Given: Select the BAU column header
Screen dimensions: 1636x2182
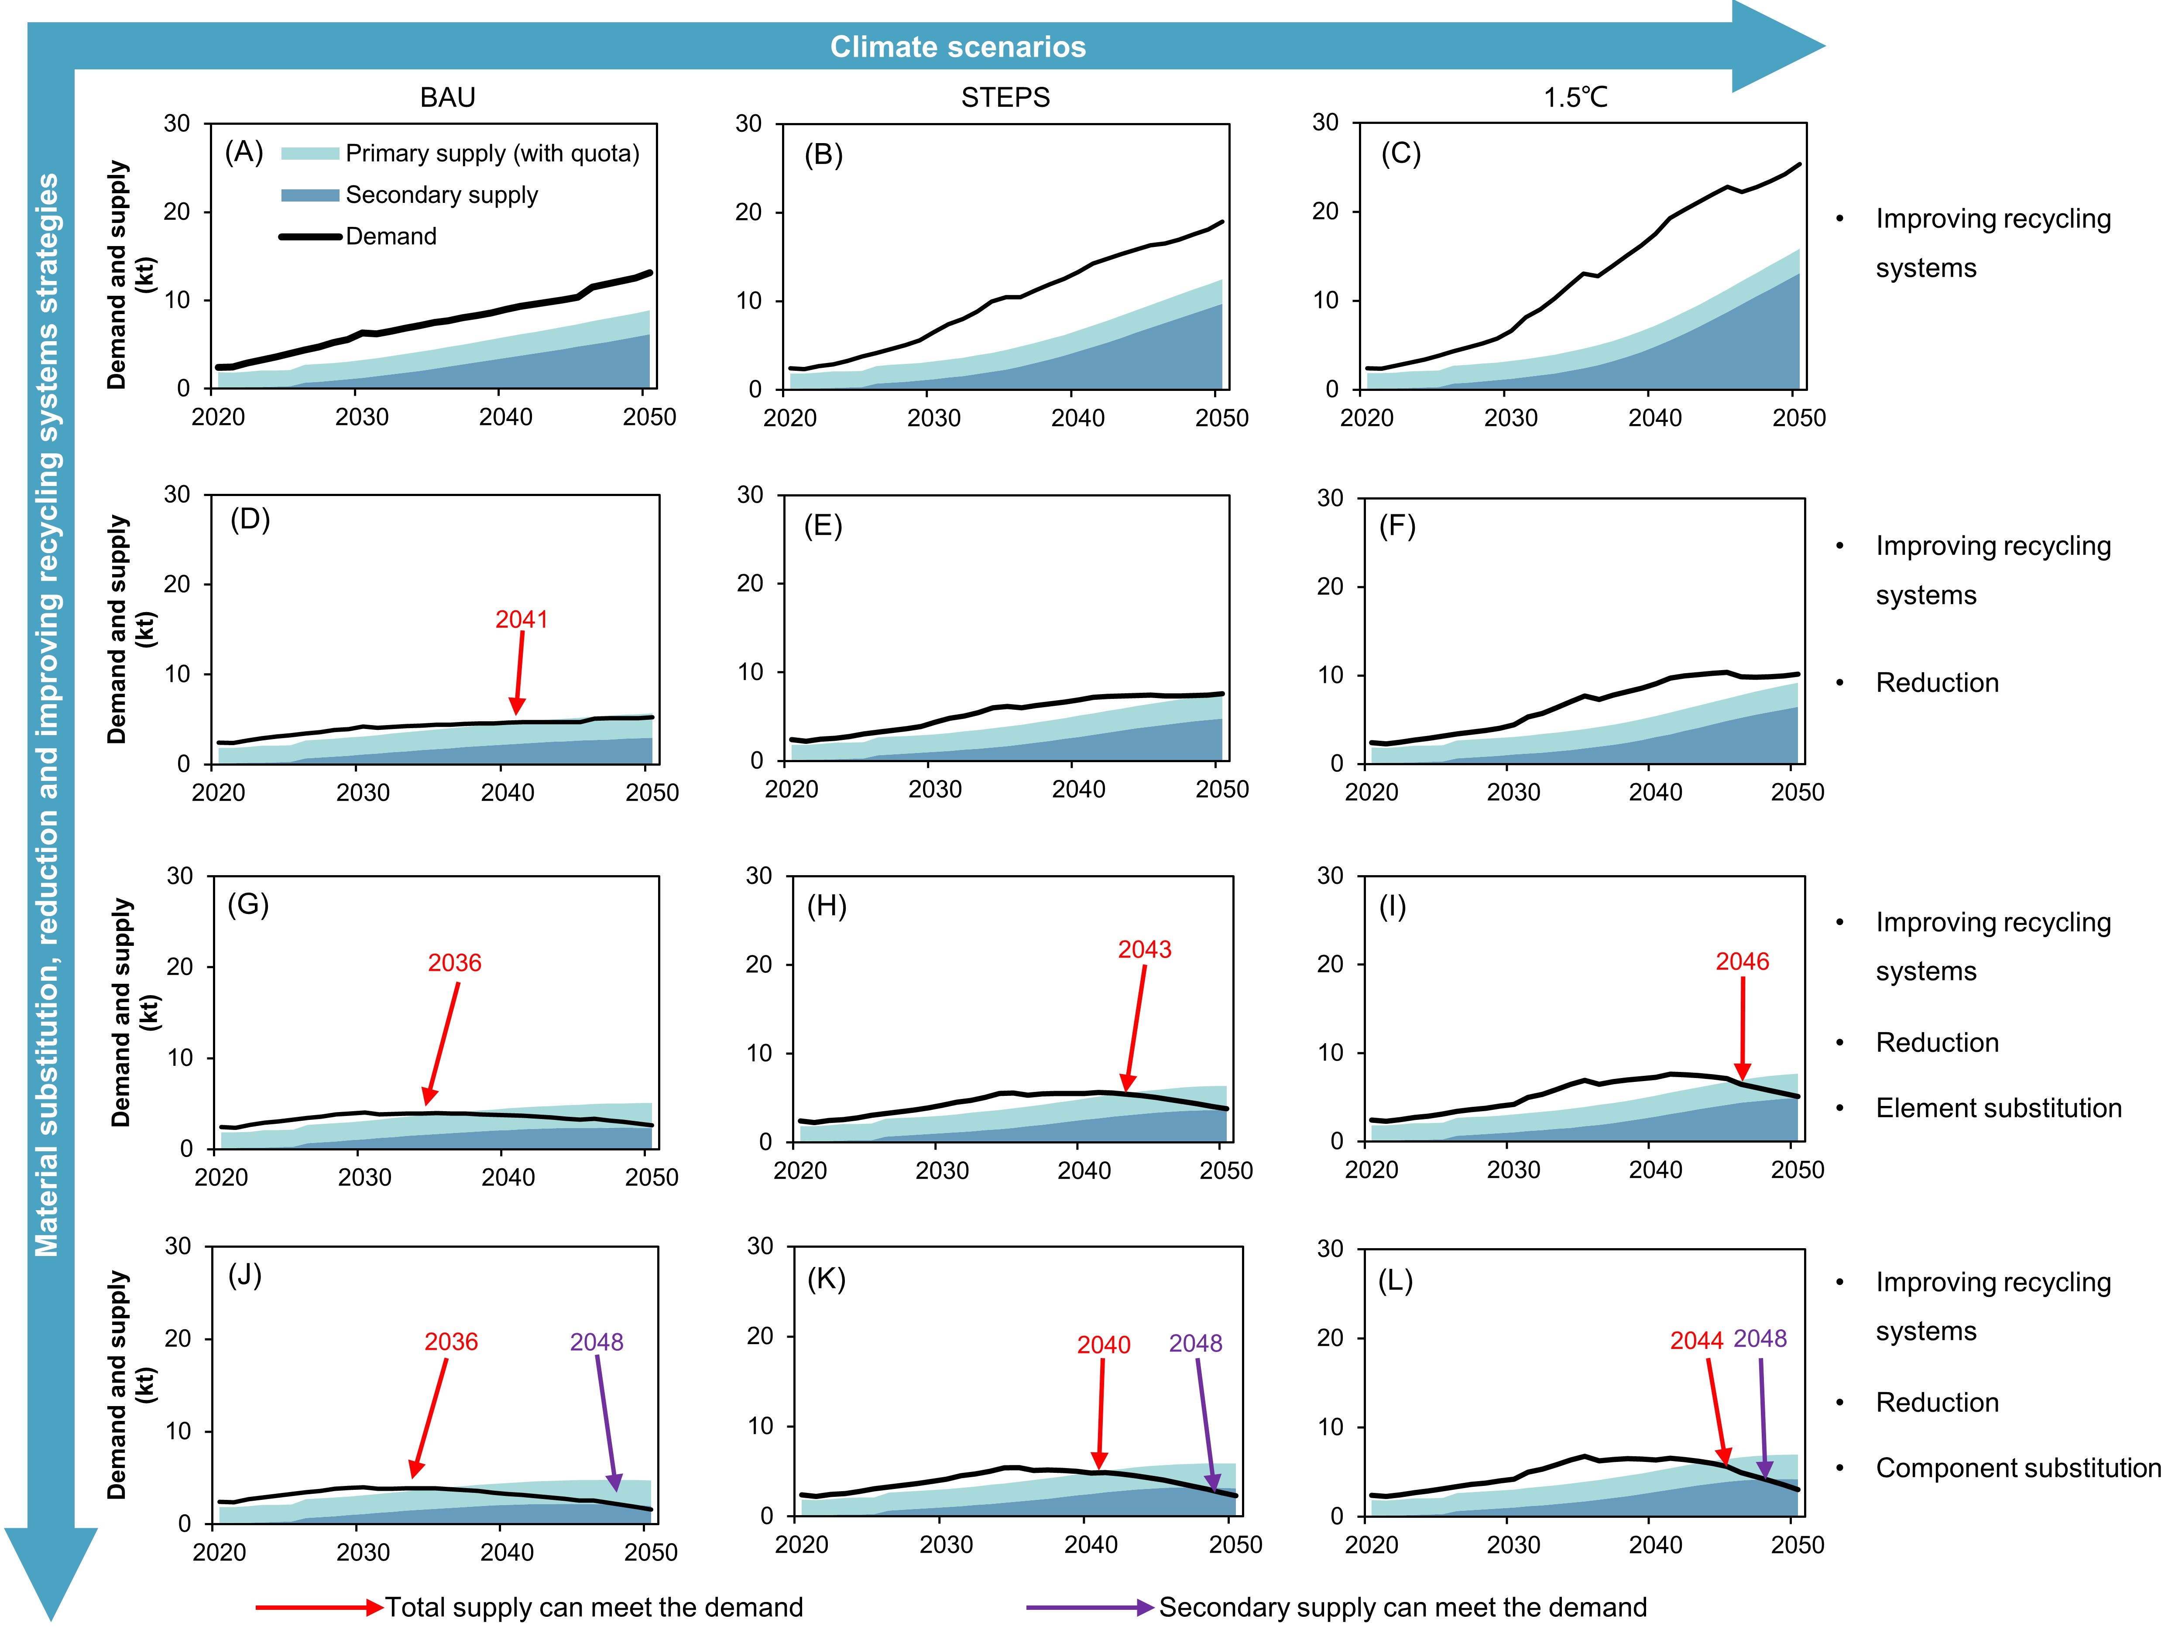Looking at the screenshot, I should tap(447, 98).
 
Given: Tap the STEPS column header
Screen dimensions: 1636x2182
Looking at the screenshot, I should tap(1005, 98).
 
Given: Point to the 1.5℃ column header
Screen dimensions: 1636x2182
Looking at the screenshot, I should tap(1575, 98).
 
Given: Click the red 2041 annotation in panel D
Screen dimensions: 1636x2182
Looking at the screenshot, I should tap(521, 619).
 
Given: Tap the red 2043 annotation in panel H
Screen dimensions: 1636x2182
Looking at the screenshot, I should tap(1144, 950).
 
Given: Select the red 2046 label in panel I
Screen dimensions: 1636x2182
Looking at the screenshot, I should tap(1742, 962).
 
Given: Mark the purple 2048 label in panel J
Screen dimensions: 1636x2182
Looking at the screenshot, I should tap(597, 1342).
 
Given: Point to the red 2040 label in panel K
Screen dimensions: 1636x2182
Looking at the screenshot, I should tap(1103, 1345).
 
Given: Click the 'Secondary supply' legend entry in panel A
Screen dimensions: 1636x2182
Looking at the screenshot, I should tap(441, 195).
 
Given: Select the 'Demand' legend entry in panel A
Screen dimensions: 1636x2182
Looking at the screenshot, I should tap(391, 236).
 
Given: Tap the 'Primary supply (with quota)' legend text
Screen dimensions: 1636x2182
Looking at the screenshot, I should tap(491, 154).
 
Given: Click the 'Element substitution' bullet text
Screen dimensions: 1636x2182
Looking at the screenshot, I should tap(1997, 1109).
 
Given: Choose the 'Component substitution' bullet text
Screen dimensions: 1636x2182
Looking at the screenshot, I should tap(2017, 1468).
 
